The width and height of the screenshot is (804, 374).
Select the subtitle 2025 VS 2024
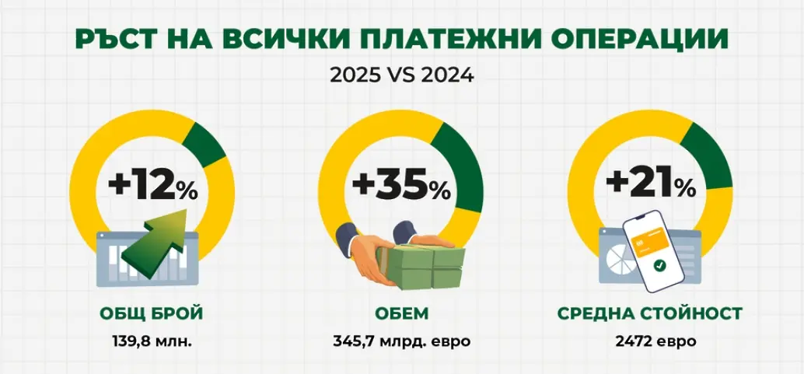tap(401, 76)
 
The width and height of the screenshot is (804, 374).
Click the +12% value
tap(153, 186)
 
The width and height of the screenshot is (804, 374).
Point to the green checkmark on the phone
tap(659, 266)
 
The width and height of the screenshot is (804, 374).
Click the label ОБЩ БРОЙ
tap(152, 313)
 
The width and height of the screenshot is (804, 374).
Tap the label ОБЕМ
tap(401, 313)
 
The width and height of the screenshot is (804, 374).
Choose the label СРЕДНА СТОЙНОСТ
tap(649, 313)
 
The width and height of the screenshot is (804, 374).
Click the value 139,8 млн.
tap(152, 341)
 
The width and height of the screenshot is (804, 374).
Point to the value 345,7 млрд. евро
tap(402, 341)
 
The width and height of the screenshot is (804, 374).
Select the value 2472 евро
tap(650, 341)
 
